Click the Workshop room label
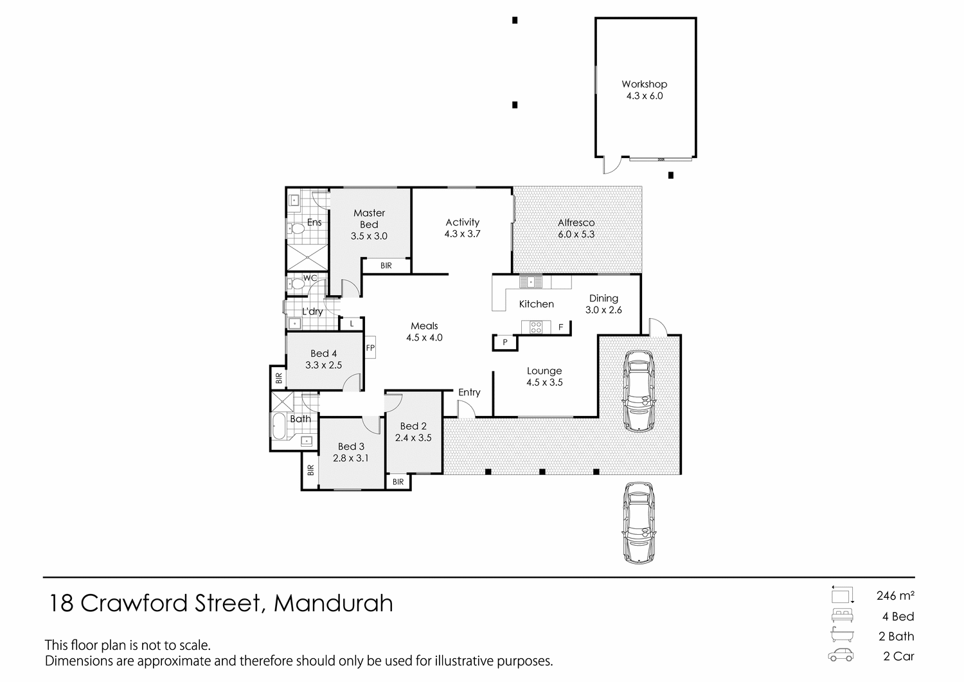[x=644, y=90]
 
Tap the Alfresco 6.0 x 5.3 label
[x=576, y=228]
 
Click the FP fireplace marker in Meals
[x=370, y=348]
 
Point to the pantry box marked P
[x=505, y=343]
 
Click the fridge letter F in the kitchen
[x=560, y=328]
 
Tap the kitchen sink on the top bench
[x=531, y=282]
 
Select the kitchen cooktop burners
[x=535, y=327]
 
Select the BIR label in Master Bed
[x=386, y=265]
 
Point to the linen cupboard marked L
[x=352, y=325]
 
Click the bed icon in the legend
[x=842, y=615]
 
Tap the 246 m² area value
[x=895, y=596]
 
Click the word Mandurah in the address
[x=333, y=604]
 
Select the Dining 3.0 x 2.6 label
[x=603, y=304]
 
